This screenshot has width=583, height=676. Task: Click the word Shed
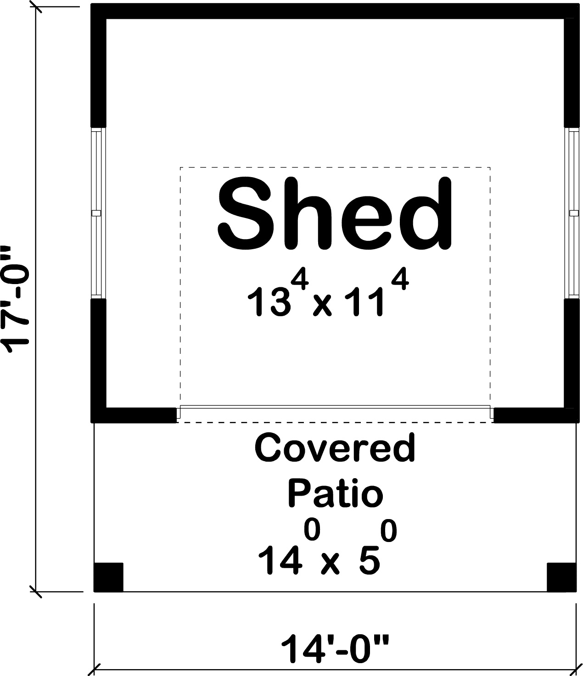tap(334, 214)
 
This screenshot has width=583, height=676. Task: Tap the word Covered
tap(335, 448)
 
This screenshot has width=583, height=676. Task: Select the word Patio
tap(335, 493)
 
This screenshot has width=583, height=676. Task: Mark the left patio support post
tap(108, 577)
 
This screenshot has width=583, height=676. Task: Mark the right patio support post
tap(561, 577)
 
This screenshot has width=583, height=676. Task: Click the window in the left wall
tap(96, 213)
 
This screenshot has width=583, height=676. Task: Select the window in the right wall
tap(572, 213)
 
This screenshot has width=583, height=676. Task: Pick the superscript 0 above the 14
tap(311, 531)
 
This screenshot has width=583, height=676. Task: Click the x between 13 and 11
tap(322, 306)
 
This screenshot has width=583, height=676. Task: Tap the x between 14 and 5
tap(330, 564)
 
